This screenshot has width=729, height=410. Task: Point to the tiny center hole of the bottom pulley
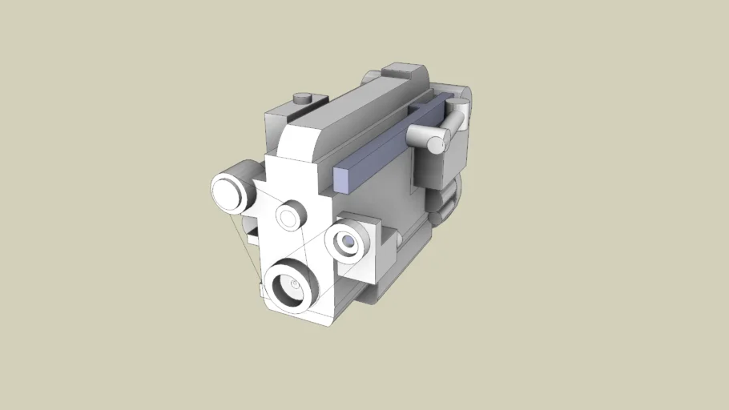click(x=295, y=283)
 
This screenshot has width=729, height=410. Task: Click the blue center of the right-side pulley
click(x=348, y=241)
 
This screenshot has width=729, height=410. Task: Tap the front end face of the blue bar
click(x=340, y=180)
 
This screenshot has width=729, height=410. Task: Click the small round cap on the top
click(x=302, y=98)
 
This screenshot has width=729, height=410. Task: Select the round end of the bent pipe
click(x=437, y=144)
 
